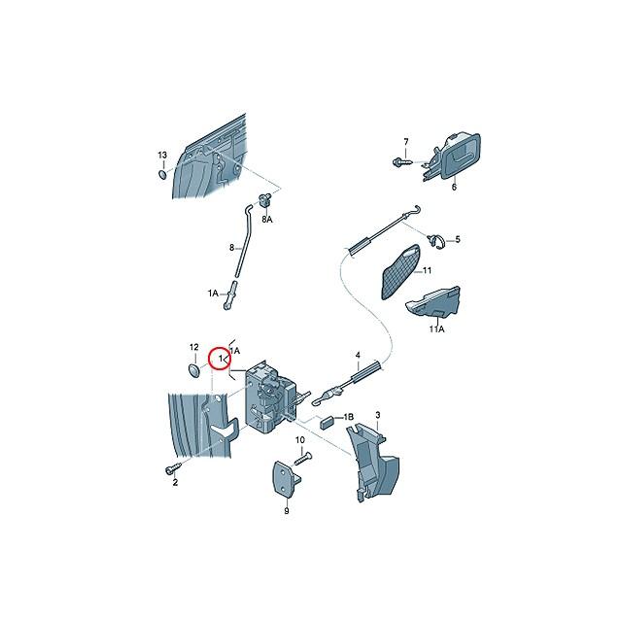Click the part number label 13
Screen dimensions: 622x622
[x=163, y=156]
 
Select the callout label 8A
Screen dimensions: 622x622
[x=266, y=220]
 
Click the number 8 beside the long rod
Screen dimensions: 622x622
[x=231, y=248]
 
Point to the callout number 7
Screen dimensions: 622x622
[x=406, y=141]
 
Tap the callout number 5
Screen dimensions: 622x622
[x=459, y=239]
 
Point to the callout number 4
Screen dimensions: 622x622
[x=357, y=355]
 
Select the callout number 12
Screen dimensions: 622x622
[x=193, y=347]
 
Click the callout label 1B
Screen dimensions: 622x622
[x=349, y=415]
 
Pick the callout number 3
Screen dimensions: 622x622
[x=377, y=416]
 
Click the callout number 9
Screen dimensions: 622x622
[x=287, y=510]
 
